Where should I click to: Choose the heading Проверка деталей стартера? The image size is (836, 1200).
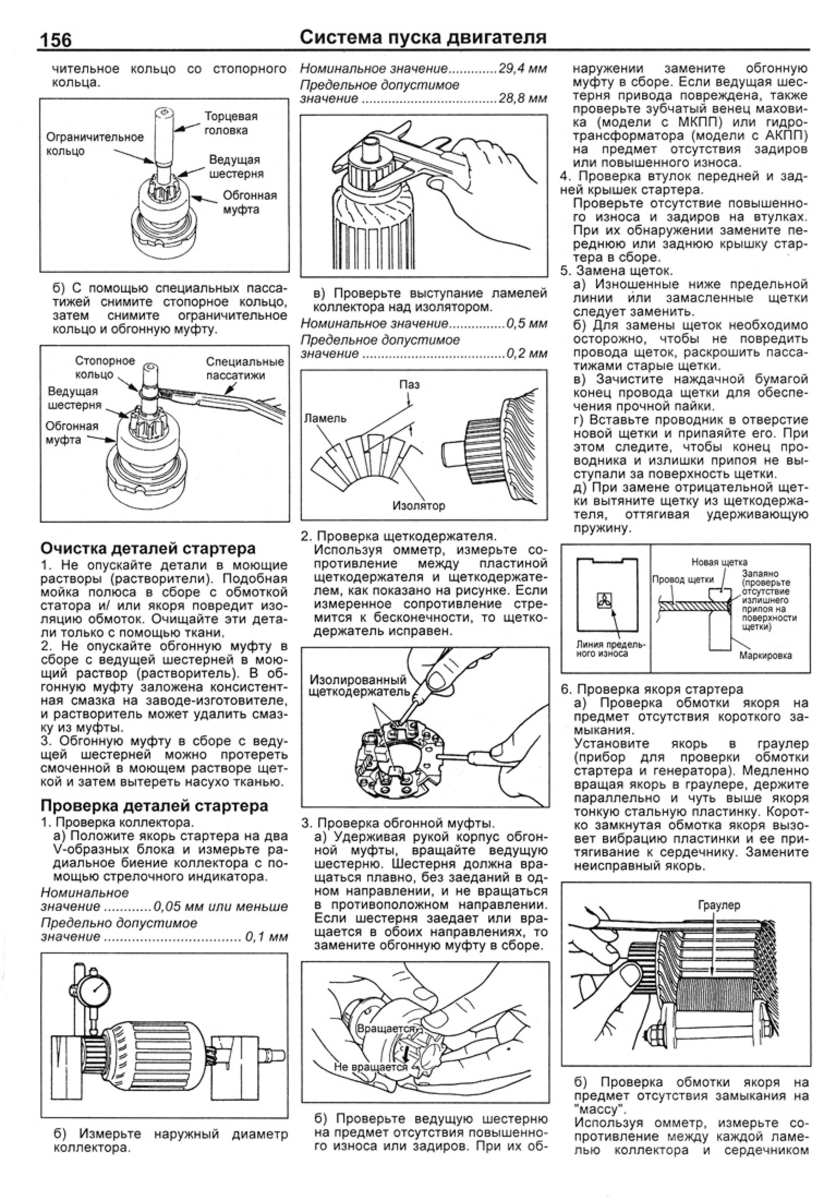click(x=154, y=805)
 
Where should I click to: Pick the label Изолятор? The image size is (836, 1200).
click(x=419, y=505)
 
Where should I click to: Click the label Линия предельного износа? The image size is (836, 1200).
click(x=610, y=649)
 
